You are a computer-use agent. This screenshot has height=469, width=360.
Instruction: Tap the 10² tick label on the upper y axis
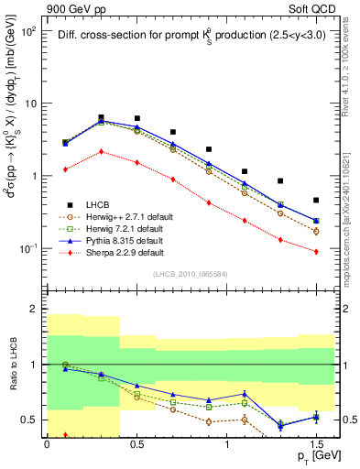tap(29, 31)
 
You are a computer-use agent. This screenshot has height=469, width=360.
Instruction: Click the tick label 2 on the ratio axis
tap(34, 310)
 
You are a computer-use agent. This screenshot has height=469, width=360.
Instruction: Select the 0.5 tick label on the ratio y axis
tap(29, 420)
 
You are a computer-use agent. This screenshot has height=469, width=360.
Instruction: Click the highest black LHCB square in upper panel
tap(101, 117)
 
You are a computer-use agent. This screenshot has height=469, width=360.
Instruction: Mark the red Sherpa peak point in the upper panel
tap(101, 151)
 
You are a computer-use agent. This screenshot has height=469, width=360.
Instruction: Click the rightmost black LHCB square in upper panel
tap(316, 200)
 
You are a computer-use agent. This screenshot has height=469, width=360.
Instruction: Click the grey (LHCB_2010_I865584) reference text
tap(191, 275)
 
